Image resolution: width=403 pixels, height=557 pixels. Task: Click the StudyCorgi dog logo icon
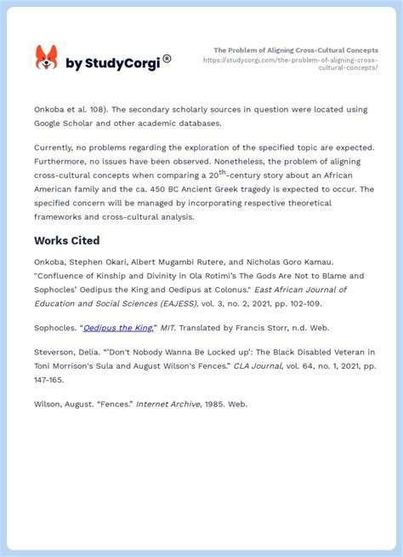(46, 58)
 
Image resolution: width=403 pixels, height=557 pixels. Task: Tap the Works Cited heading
(67, 241)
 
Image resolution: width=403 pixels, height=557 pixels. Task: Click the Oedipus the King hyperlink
(119, 328)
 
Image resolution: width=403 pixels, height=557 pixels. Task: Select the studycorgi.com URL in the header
(290, 64)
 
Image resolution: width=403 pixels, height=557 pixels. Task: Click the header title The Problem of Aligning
(295, 50)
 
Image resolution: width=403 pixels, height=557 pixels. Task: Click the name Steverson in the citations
(59, 352)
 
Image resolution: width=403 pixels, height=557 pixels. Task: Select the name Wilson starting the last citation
(50, 404)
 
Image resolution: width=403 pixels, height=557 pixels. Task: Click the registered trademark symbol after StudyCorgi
(167, 58)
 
